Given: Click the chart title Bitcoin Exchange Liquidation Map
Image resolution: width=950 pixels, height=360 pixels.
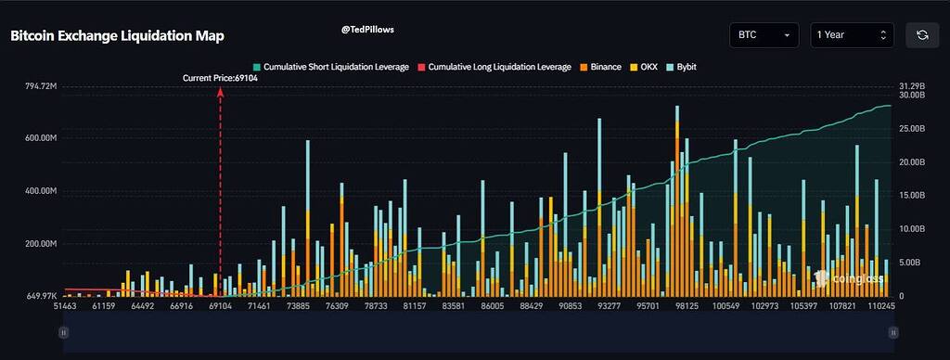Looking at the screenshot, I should pos(117,35).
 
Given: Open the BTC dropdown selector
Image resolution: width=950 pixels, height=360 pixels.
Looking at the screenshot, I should pos(764,35).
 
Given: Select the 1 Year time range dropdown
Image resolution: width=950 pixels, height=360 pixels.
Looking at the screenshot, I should pos(852,35).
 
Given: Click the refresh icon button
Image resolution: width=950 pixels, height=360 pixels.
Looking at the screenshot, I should pos(921,35).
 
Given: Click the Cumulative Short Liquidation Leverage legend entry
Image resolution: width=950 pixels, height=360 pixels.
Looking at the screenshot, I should pos(330,68).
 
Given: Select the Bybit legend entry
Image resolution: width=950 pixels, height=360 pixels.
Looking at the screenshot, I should pos(681,68).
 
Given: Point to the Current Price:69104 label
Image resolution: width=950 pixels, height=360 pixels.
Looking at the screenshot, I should pos(220,79).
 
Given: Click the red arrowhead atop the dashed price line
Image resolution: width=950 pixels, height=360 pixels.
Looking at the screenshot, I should pos(220,91).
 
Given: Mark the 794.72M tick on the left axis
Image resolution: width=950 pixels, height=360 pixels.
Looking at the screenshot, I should pos(41,86).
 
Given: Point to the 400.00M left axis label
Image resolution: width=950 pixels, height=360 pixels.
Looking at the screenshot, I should pos(41,191).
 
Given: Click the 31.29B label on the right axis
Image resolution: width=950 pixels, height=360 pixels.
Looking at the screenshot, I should pos(912,86).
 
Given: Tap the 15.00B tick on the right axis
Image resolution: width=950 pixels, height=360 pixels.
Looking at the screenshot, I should pos(912,196).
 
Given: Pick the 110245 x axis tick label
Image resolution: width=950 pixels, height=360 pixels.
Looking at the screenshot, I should pos(880,305).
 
